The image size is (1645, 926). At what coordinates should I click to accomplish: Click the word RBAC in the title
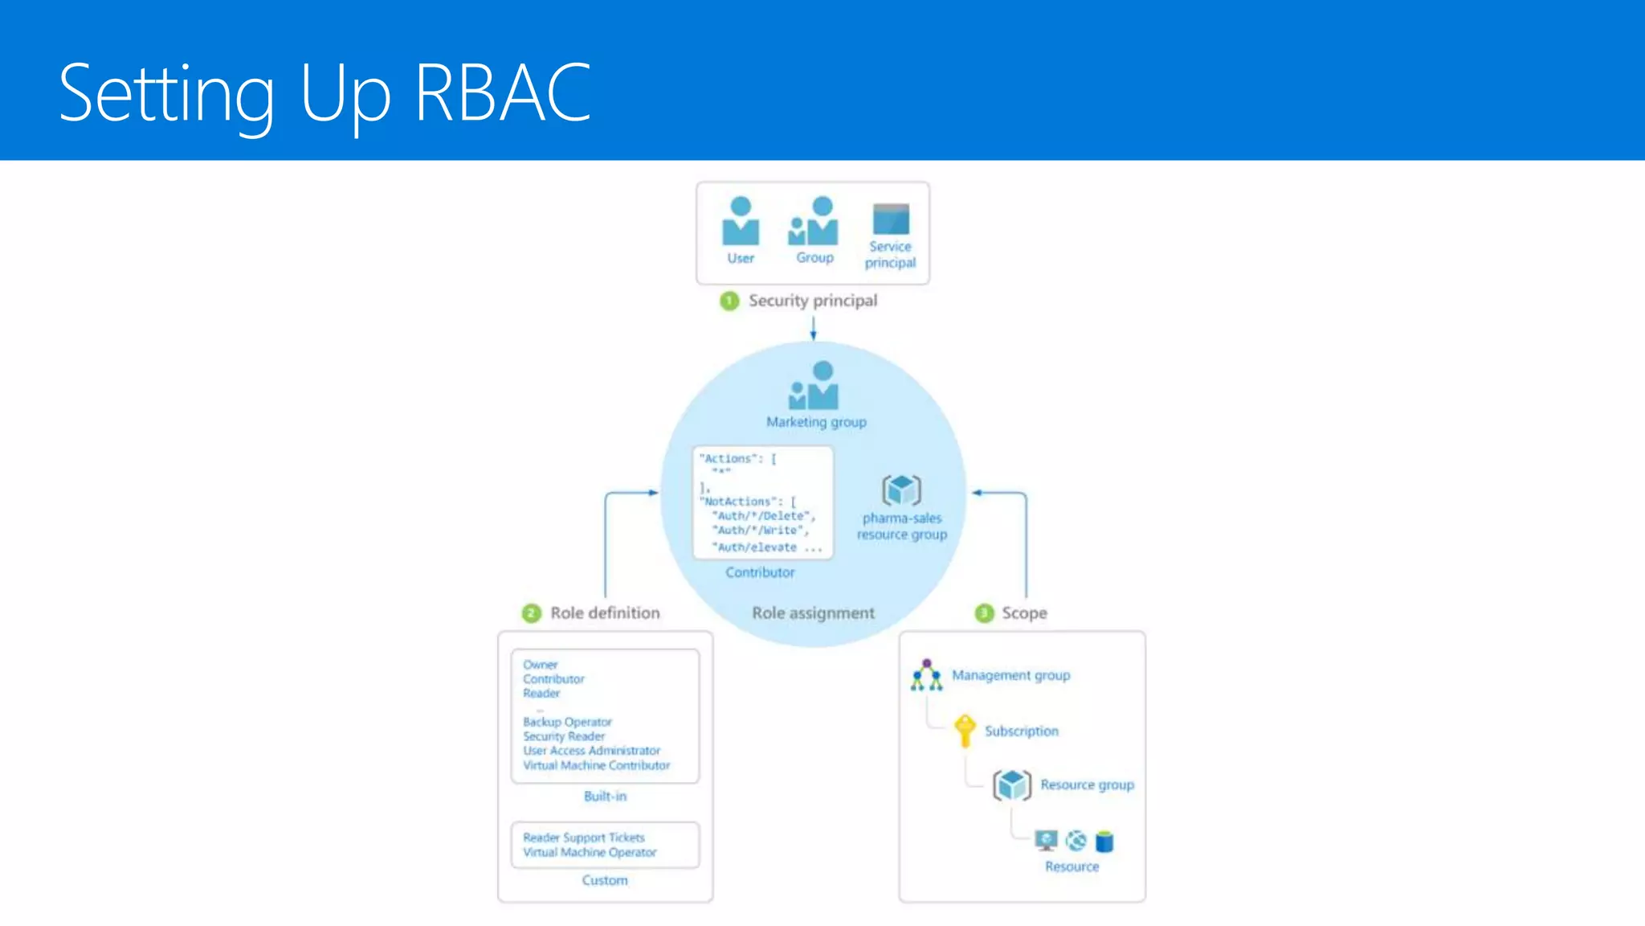click(503, 93)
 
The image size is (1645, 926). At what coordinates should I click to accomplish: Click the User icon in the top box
click(741, 221)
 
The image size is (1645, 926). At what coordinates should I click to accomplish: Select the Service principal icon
click(891, 219)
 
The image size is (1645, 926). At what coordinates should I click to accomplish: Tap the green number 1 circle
click(729, 301)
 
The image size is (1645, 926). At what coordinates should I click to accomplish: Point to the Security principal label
click(813, 301)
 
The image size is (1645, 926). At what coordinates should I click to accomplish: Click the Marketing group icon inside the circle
click(814, 386)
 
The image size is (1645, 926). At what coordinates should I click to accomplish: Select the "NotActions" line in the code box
click(747, 502)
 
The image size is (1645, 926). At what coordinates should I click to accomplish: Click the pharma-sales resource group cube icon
click(901, 490)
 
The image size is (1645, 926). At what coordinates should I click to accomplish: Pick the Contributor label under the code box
click(760, 572)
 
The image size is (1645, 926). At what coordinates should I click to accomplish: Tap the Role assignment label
click(813, 613)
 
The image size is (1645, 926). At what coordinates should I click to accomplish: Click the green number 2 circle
click(532, 613)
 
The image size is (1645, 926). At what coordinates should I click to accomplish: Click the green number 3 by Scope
click(985, 613)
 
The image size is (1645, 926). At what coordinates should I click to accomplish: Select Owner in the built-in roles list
click(540, 665)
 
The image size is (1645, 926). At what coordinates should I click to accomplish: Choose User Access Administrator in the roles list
click(591, 751)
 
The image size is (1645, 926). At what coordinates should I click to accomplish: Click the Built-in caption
click(605, 797)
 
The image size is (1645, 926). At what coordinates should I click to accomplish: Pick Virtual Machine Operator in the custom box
click(590, 853)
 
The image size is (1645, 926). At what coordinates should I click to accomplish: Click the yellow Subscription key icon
click(965, 730)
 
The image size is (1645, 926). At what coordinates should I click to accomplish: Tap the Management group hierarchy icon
click(926, 676)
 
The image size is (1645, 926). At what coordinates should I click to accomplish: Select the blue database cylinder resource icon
click(1104, 842)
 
